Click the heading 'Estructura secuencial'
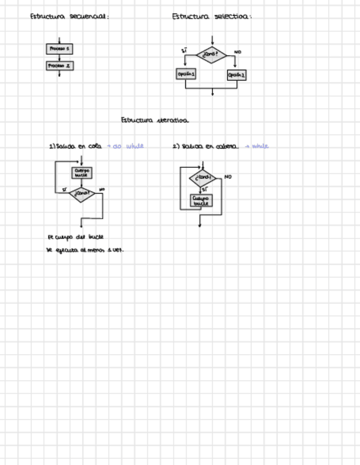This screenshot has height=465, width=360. [69, 16]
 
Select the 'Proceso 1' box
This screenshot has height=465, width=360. [59, 49]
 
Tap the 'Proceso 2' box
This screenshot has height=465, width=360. [59, 66]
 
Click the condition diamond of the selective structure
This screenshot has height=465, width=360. [212, 54]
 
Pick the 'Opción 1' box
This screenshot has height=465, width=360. [187, 73]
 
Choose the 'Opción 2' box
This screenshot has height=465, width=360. [237, 75]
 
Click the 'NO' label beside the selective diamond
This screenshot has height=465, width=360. [238, 52]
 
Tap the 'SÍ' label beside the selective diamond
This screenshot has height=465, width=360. [184, 51]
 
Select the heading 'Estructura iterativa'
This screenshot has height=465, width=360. [155, 120]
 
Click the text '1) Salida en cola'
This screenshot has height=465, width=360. [75, 146]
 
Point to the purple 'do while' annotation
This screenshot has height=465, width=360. [128, 146]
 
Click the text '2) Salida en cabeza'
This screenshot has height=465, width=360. [205, 146]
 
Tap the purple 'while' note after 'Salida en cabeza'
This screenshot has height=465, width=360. [258, 146]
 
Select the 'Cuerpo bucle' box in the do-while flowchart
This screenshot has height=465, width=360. [82, 173]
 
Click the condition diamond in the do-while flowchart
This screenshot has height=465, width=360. [82, 193]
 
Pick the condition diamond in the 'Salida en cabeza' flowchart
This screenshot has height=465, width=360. [203, 178]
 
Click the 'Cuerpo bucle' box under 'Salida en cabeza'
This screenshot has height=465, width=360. [201, 201]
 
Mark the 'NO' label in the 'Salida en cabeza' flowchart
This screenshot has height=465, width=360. [228, 177]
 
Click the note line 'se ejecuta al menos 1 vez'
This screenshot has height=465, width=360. [85, 250]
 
